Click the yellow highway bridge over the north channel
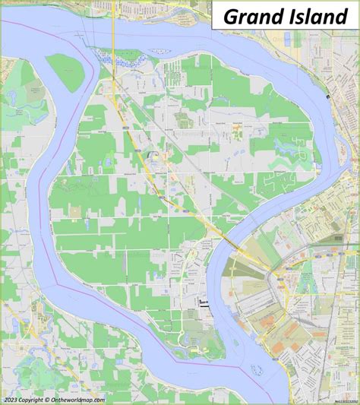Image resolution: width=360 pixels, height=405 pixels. click(x=113, y=42)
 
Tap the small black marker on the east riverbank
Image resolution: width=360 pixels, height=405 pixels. click(x=327, y=98)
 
